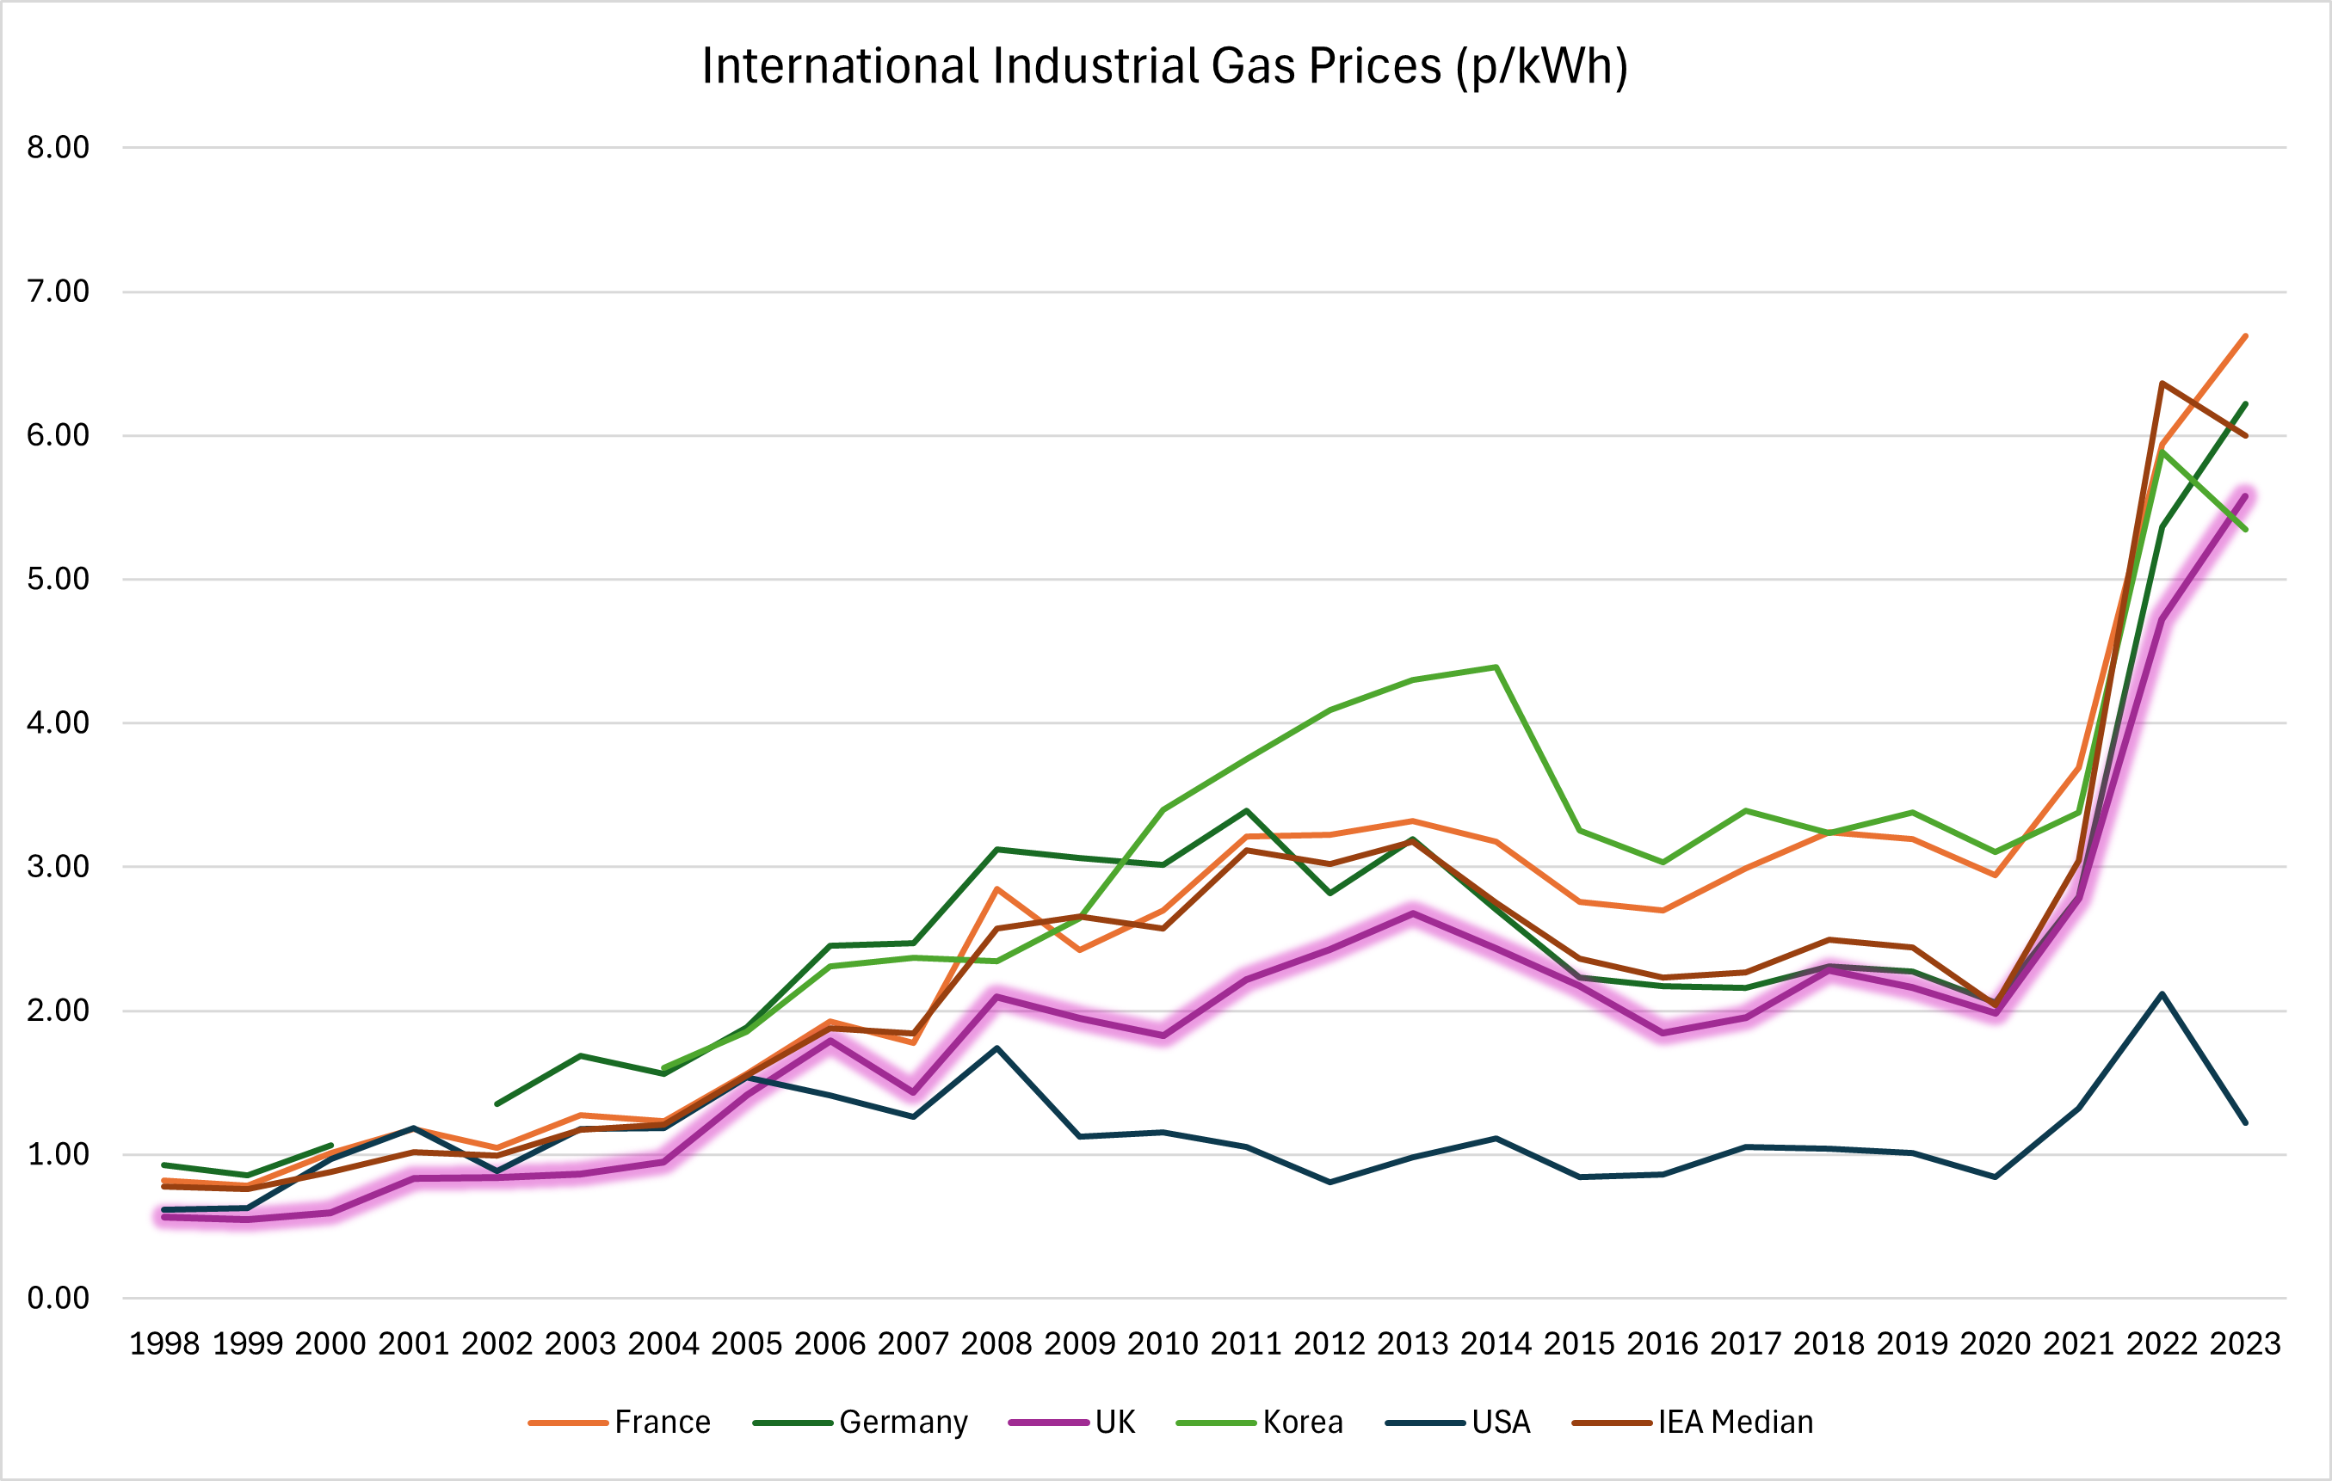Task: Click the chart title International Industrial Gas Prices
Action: (1164, 67)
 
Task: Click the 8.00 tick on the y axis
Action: (59, 147)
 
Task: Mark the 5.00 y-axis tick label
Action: (59, 579)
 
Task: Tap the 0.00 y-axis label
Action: (59, 1298)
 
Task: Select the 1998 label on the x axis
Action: (164, 1343)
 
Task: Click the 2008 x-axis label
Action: (996, 1343)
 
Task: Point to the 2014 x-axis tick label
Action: (1496, 1343)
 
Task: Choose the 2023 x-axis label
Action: (2245, 1343)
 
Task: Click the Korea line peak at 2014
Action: (1496, 667)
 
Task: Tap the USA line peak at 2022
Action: (2162, 994)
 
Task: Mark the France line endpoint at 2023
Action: (2245, 336)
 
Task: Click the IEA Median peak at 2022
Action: (2162, 384)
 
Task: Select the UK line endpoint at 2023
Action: (2245, 495)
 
